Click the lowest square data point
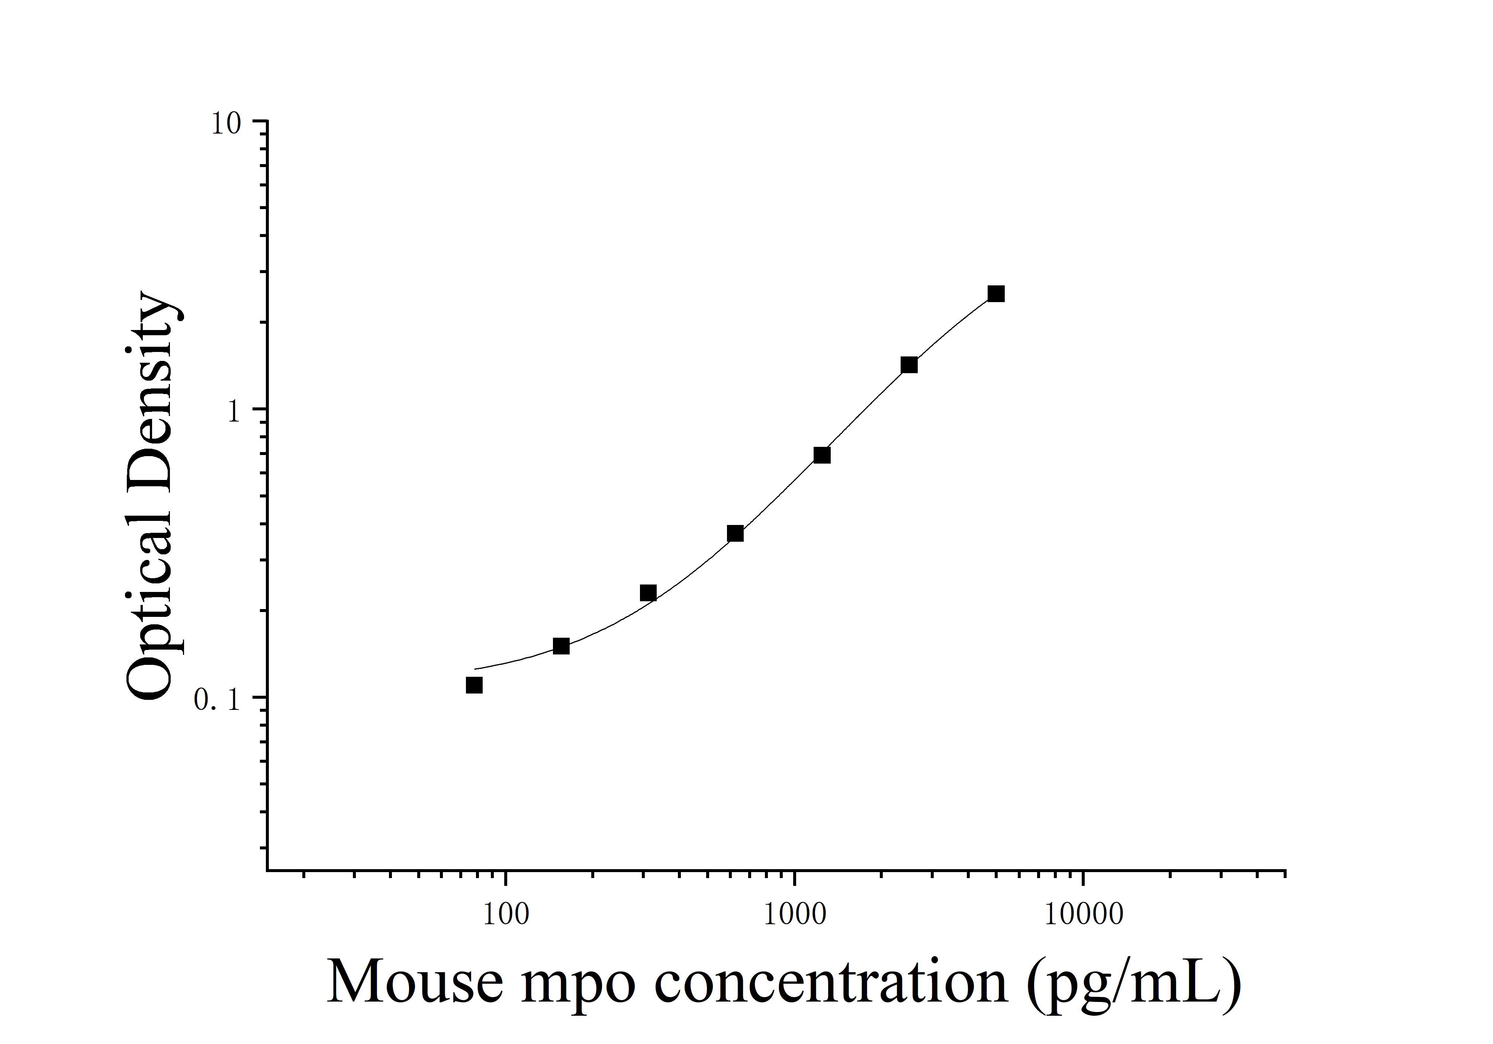pos(474,685)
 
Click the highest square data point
pos(995,294)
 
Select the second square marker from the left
pos(561,646)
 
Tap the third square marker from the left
pos(648,593)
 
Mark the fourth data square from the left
pos(736,534)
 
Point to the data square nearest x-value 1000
pos(822,455)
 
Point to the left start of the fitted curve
pos(475,669)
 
